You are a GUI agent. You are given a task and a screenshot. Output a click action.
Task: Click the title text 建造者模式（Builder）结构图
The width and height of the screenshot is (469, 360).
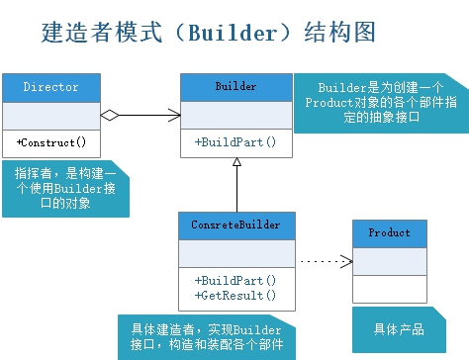click(x=209, y=34)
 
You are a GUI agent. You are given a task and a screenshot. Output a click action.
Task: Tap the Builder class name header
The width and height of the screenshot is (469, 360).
click(x=235, y=87)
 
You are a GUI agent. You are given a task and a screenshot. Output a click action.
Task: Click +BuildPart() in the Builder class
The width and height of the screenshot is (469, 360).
click(x=235, y=142)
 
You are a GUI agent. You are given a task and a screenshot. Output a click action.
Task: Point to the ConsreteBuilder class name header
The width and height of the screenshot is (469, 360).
click(x=235, y=225)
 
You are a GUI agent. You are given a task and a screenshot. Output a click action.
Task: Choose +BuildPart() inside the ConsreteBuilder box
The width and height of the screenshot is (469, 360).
click(x=235, y=280)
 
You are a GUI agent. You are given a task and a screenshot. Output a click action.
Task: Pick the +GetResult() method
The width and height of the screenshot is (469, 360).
click(x=235, y=295)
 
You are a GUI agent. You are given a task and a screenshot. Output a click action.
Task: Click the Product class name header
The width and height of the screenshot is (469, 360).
click(x=389, y=233)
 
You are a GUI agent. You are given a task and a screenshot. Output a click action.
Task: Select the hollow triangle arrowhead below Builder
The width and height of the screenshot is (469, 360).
click(x=235, y=165)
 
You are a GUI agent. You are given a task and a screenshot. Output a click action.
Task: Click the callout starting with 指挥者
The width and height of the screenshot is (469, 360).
click(x=65, y=188)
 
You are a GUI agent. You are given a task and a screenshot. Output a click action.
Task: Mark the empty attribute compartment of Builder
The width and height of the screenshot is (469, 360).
click(x=235, y=115)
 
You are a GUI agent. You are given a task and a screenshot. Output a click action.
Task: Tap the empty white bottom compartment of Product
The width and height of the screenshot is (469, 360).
click(x=389, y=288)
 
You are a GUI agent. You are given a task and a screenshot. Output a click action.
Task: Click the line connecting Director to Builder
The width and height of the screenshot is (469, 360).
click(x=148, y=117)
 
